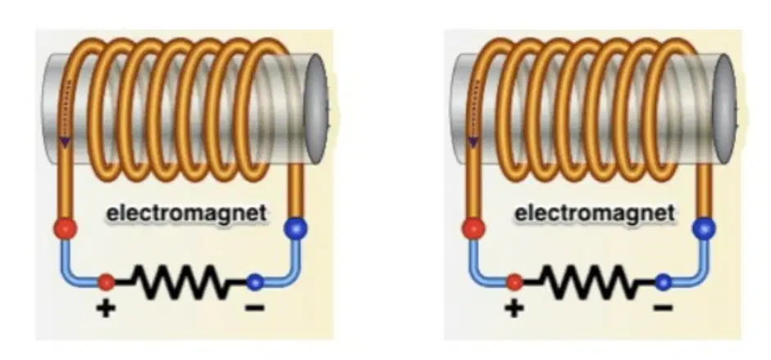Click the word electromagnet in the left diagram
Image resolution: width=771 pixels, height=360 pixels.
[187, 214]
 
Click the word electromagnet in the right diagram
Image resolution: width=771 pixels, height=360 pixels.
[595, 214]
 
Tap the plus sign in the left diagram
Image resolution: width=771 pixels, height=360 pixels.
[106, 308]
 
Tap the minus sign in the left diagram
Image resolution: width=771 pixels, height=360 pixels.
[255, 308]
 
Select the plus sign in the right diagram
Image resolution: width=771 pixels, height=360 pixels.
[514, 308]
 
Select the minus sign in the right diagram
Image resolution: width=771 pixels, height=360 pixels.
[663, 308]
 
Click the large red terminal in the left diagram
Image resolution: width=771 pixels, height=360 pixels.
[66, 229]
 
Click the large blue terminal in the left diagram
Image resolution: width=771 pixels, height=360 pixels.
[296, 229]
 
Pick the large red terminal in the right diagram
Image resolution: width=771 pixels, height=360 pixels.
[473, 229]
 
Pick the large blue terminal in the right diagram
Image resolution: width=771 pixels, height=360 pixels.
[704, 229]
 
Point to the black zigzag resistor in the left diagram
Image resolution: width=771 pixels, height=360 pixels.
[180, 282]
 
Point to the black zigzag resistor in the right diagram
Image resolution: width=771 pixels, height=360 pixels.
[589, 282]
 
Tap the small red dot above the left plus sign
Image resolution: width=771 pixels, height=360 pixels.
[106, 282]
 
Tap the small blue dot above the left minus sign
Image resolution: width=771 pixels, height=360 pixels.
[255, 282]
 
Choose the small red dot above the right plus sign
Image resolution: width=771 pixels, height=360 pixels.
[514, 282]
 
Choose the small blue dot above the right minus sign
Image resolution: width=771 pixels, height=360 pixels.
[663, 282]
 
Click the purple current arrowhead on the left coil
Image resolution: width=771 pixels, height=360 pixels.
[65, 142]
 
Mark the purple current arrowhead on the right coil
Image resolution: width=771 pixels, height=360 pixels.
[473, 142]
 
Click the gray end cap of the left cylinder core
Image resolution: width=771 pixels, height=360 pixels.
[316, 109]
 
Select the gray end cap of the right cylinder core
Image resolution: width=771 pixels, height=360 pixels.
[724, 109]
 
